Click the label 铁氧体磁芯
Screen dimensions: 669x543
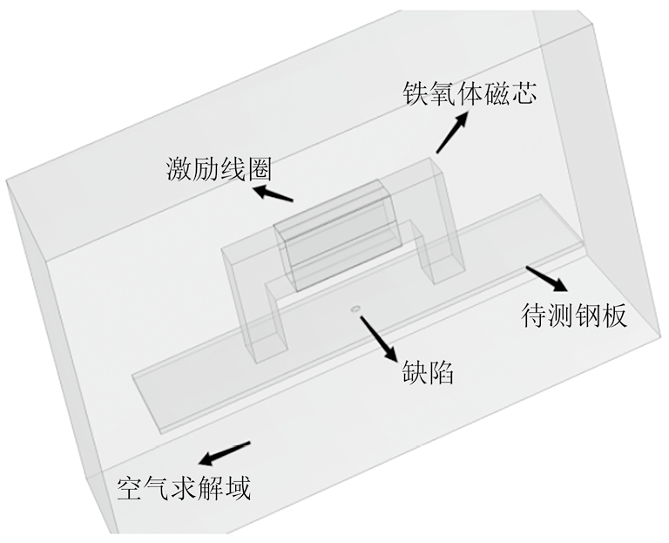(x=470, y=92)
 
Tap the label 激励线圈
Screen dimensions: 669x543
(x=219, y=168)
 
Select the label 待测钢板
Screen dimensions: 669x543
(x=574, y=316)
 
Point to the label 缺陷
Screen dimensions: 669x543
(x=428, y=371)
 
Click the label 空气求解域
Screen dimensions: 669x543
(x=184, y=487)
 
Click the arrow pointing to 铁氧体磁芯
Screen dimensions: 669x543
(x=452, y=132)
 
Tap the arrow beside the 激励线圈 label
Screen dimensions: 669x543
(x=273, y=193)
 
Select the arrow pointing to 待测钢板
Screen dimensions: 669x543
(x=546, y=279)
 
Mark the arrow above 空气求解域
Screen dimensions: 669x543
(x=224, y=454)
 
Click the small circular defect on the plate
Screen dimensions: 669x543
(x=355, y=309)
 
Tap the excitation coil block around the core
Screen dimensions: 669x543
(x=338, y=235)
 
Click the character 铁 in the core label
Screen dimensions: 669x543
(x=416, y=92)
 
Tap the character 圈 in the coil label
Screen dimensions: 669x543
(x=259, y=168)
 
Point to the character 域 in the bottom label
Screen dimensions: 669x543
(x=238, y=487)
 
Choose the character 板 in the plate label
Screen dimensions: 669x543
(x=614, y=316)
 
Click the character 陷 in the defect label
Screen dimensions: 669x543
(x=441, y=371)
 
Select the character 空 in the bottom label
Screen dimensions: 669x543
(x=130, y=487)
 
